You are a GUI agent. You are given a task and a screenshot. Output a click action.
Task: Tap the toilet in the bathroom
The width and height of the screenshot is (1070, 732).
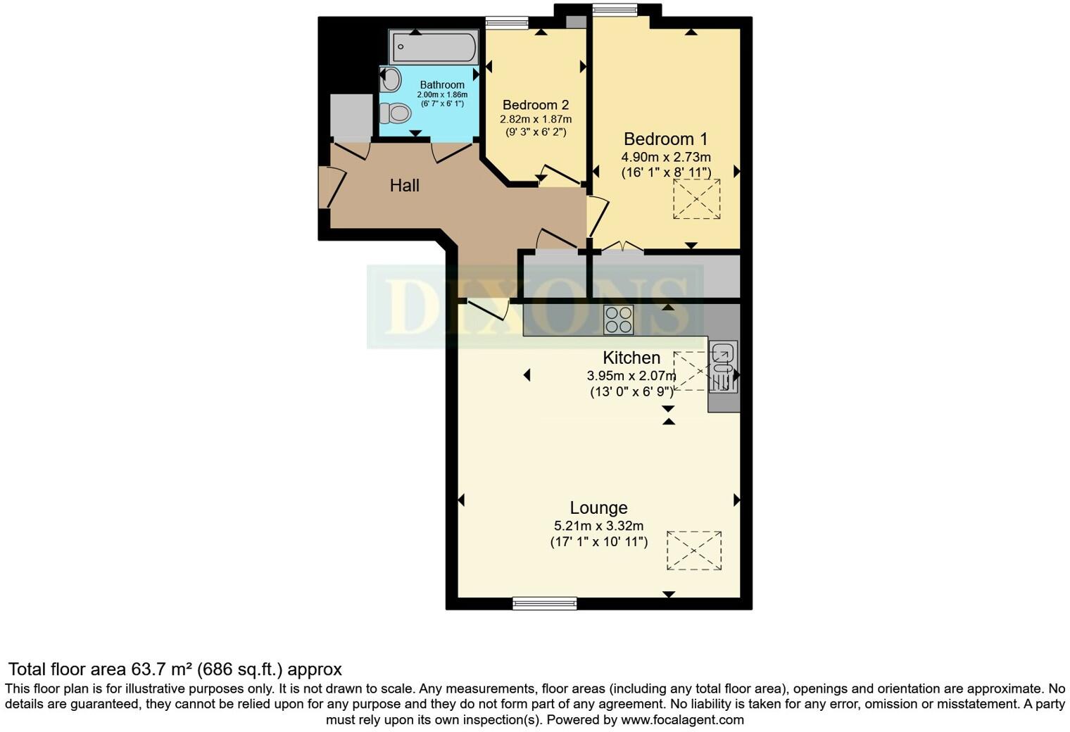coord(396,113)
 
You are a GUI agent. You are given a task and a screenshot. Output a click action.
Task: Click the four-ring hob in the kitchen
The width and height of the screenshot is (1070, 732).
coord(618,320)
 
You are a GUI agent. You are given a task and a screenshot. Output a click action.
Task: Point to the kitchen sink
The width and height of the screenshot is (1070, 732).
coord(723,366)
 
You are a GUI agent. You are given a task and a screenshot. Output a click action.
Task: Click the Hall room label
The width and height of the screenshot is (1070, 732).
coord(405,185)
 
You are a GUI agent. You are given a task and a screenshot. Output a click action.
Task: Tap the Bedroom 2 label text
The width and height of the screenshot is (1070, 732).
coord(535,105)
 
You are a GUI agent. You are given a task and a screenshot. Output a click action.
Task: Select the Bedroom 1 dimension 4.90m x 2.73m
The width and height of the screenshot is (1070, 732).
coord(665,157)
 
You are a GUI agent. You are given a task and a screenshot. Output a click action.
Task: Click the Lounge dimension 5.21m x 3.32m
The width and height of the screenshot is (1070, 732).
coord(598,526)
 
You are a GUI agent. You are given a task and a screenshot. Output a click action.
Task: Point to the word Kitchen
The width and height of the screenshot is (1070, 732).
coord(631,358)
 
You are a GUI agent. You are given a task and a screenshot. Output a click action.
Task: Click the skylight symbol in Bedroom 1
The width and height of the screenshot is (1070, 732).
coord(697,199)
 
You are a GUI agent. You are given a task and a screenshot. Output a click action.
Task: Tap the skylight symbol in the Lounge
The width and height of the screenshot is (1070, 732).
coord(694,550)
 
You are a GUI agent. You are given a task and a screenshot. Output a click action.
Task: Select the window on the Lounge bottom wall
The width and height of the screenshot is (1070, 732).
coord(544,602)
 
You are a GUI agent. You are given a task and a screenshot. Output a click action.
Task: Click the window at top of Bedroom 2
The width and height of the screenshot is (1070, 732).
coord(507,23)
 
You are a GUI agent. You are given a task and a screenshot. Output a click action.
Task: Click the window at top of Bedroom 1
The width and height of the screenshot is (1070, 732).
coord(615,9)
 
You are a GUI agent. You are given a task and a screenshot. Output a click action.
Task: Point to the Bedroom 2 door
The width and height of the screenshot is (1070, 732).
coord(560,175)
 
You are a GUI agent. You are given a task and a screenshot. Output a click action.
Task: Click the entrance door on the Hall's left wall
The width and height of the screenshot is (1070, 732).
coord(332,187)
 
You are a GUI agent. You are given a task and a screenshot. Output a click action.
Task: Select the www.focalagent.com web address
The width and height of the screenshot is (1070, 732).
coord(682,719)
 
